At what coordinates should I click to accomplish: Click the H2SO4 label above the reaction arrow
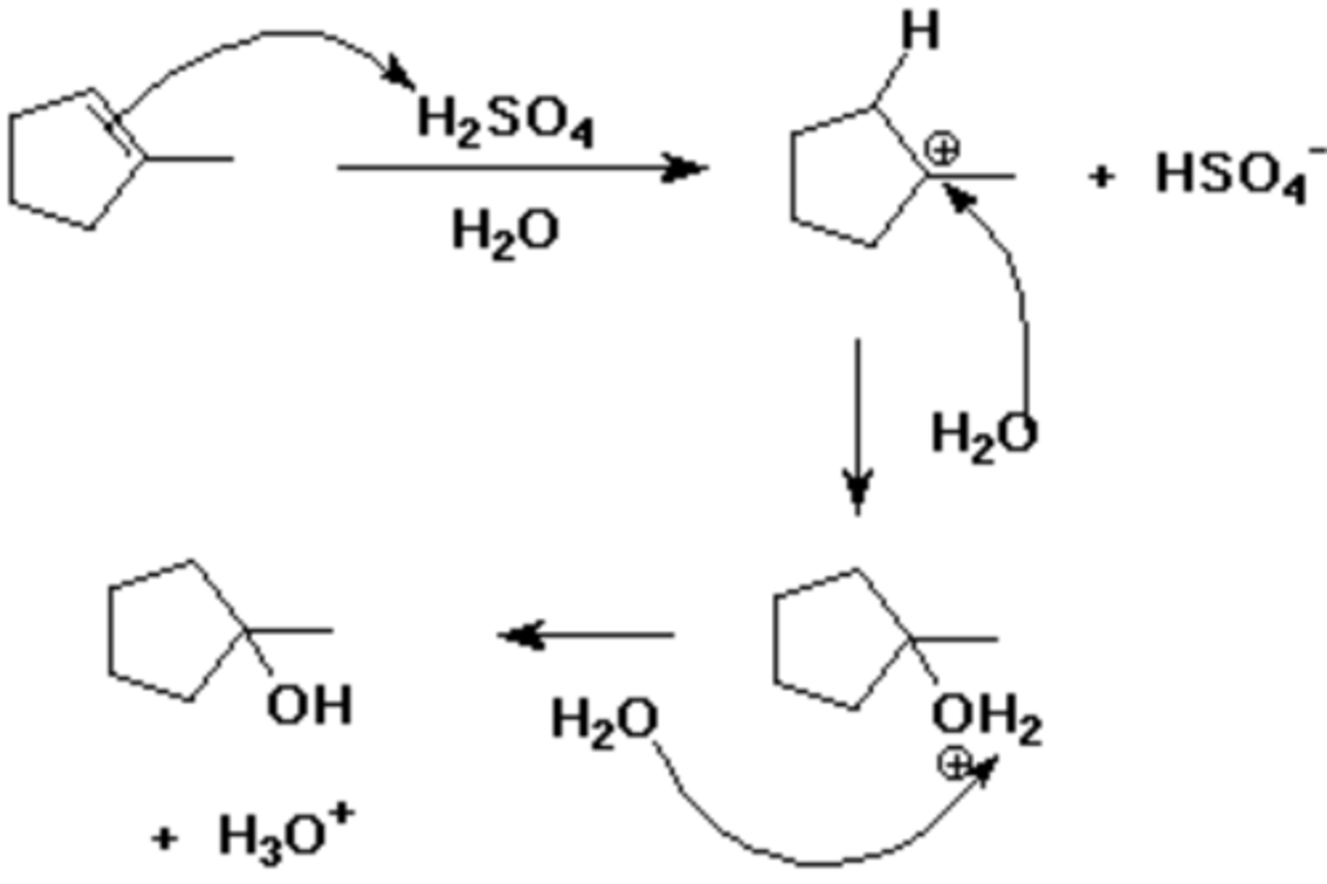point(505,120)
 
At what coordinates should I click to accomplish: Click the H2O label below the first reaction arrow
point(505,230)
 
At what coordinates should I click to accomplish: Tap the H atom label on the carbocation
point(920,32)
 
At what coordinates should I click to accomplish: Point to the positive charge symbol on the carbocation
point(943,148)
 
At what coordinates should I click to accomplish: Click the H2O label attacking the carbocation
point(983,433)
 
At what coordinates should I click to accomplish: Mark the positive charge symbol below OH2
point(954,763)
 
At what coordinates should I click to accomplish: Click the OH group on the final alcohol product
point(310,706)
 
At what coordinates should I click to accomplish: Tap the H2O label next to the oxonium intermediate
point(605,719)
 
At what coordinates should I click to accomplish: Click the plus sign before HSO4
point(1100,175)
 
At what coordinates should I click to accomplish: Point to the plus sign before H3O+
point(164,838)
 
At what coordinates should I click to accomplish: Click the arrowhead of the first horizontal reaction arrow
point(687,168)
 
